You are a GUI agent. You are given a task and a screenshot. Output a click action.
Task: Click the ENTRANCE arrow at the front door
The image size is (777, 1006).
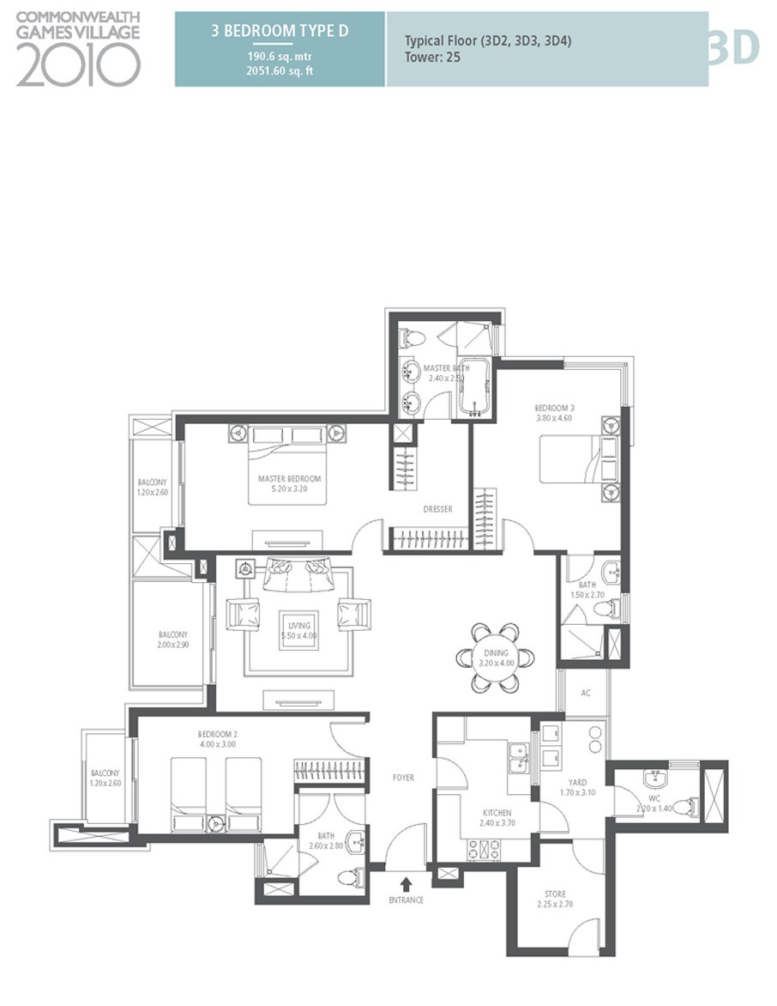[406, 882]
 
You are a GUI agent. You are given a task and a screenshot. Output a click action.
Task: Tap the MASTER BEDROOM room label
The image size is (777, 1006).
[289, 478]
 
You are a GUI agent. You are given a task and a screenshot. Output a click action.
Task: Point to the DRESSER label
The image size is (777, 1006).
[437, 510]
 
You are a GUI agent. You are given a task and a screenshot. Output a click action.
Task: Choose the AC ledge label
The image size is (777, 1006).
[587, 693]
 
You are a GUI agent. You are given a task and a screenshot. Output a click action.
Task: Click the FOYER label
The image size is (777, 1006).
[403, 778]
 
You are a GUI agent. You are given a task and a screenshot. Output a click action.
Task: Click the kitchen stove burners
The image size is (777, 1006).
[485, 849]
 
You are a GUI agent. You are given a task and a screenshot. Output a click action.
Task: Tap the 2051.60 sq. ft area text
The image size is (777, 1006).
[280, 70]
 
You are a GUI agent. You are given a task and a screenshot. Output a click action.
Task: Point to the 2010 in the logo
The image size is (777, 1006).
[77, 65]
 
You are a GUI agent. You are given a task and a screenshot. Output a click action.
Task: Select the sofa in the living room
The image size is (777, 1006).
[297, 573]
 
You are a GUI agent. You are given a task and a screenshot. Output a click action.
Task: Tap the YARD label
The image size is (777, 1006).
[577, 782]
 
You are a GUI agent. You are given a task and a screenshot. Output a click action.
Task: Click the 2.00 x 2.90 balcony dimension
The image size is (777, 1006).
[172, 644]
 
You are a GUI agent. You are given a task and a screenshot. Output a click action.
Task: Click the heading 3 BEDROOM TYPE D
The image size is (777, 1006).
[280, 30]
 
